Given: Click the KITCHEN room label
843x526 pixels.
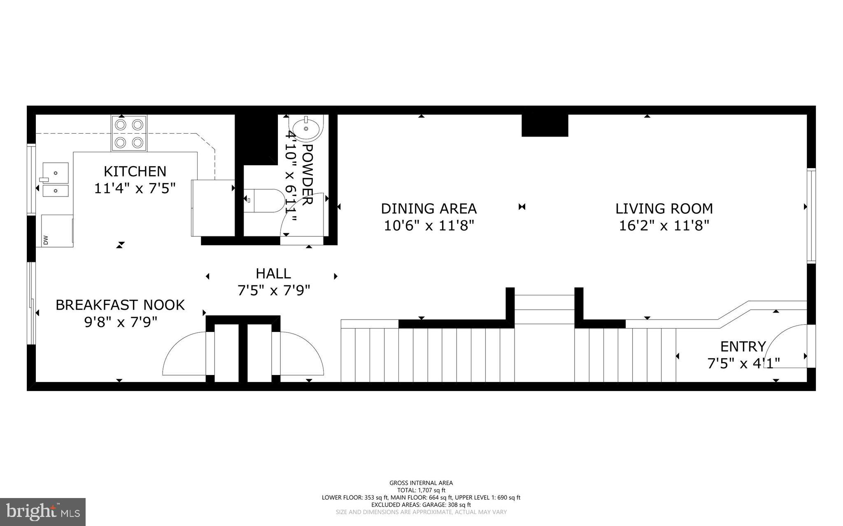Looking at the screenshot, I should [135, 171].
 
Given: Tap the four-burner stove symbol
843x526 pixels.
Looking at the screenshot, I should [128, 133].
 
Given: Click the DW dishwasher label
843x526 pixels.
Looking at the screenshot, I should [45, 239].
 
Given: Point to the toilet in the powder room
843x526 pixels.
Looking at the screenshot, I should [263, 200].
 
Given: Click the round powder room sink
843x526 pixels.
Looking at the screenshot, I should [306, 128].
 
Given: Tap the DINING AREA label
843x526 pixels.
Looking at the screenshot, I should [428, 209].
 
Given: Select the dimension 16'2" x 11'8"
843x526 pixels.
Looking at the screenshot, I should [664, 225].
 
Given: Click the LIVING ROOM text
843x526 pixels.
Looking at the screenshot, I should [664, 209].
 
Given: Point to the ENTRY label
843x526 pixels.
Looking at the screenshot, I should [743, 346].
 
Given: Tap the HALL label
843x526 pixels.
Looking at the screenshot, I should [273, 273].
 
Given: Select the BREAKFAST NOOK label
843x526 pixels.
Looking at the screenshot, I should [120, 305].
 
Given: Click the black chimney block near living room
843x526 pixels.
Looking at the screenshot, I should [545, 125].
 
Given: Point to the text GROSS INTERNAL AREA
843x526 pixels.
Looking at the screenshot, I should [421, 483].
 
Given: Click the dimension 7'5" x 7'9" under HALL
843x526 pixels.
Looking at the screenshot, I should [273, 291].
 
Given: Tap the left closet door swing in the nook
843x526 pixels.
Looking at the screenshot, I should [183, 354].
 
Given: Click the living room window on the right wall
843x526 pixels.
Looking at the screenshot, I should [810, 215].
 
